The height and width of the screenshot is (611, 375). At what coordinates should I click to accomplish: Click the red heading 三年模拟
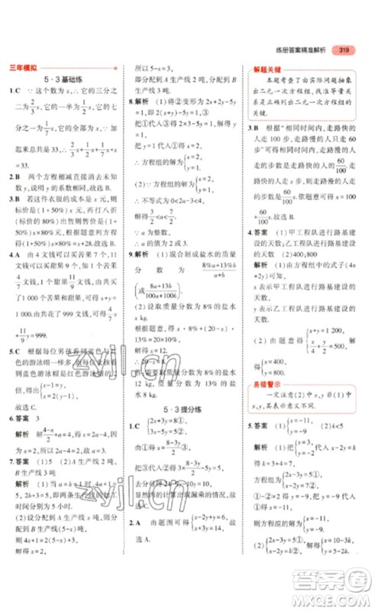tap(21, 67)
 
